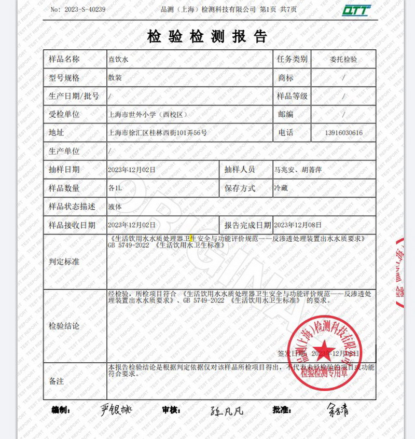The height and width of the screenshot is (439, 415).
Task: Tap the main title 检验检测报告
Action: (x=208, y=36)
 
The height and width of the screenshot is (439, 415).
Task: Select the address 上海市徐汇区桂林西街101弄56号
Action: (x=157, y=133)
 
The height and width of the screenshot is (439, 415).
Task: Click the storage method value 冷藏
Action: (x=280, y=188)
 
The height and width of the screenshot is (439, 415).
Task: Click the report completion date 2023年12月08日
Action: (x=298, y=225)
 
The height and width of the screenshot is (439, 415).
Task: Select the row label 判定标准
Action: (x=64, y=262)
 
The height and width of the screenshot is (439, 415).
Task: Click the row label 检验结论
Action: (x=64, y=326)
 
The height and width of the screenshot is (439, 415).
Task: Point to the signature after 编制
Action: (x=116, y=409)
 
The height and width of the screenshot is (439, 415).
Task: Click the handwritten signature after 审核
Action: (x=227, y=411)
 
